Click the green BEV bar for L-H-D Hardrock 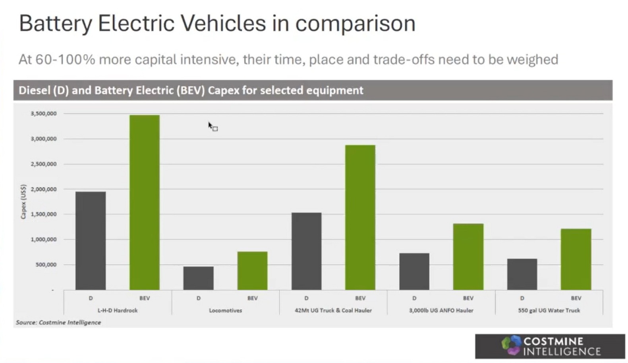tap(145, 202)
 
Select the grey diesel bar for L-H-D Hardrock tap(91, 241)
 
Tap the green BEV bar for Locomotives tap(252, 271)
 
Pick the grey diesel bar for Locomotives tap(198, 278)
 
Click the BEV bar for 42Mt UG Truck tap(360, 217)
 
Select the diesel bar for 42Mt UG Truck tap(306, 251)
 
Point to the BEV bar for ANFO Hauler tap(468, 257)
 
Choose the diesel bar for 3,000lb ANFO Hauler tap(414, 271)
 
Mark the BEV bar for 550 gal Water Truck tap(576, 259)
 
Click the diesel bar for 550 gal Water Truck tap(522, 274)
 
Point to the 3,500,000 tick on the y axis tap(44, 114)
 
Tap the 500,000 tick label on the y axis tap(46, 265)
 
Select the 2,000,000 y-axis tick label tap(44, 189)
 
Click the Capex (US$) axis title tap(23, 201)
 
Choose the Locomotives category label tap(225, 311)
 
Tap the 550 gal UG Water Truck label tap(549, 311)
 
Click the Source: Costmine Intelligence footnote tap(58, 323)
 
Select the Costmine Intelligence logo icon tap(511, 346)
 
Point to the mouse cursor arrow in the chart tap(210, 125)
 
